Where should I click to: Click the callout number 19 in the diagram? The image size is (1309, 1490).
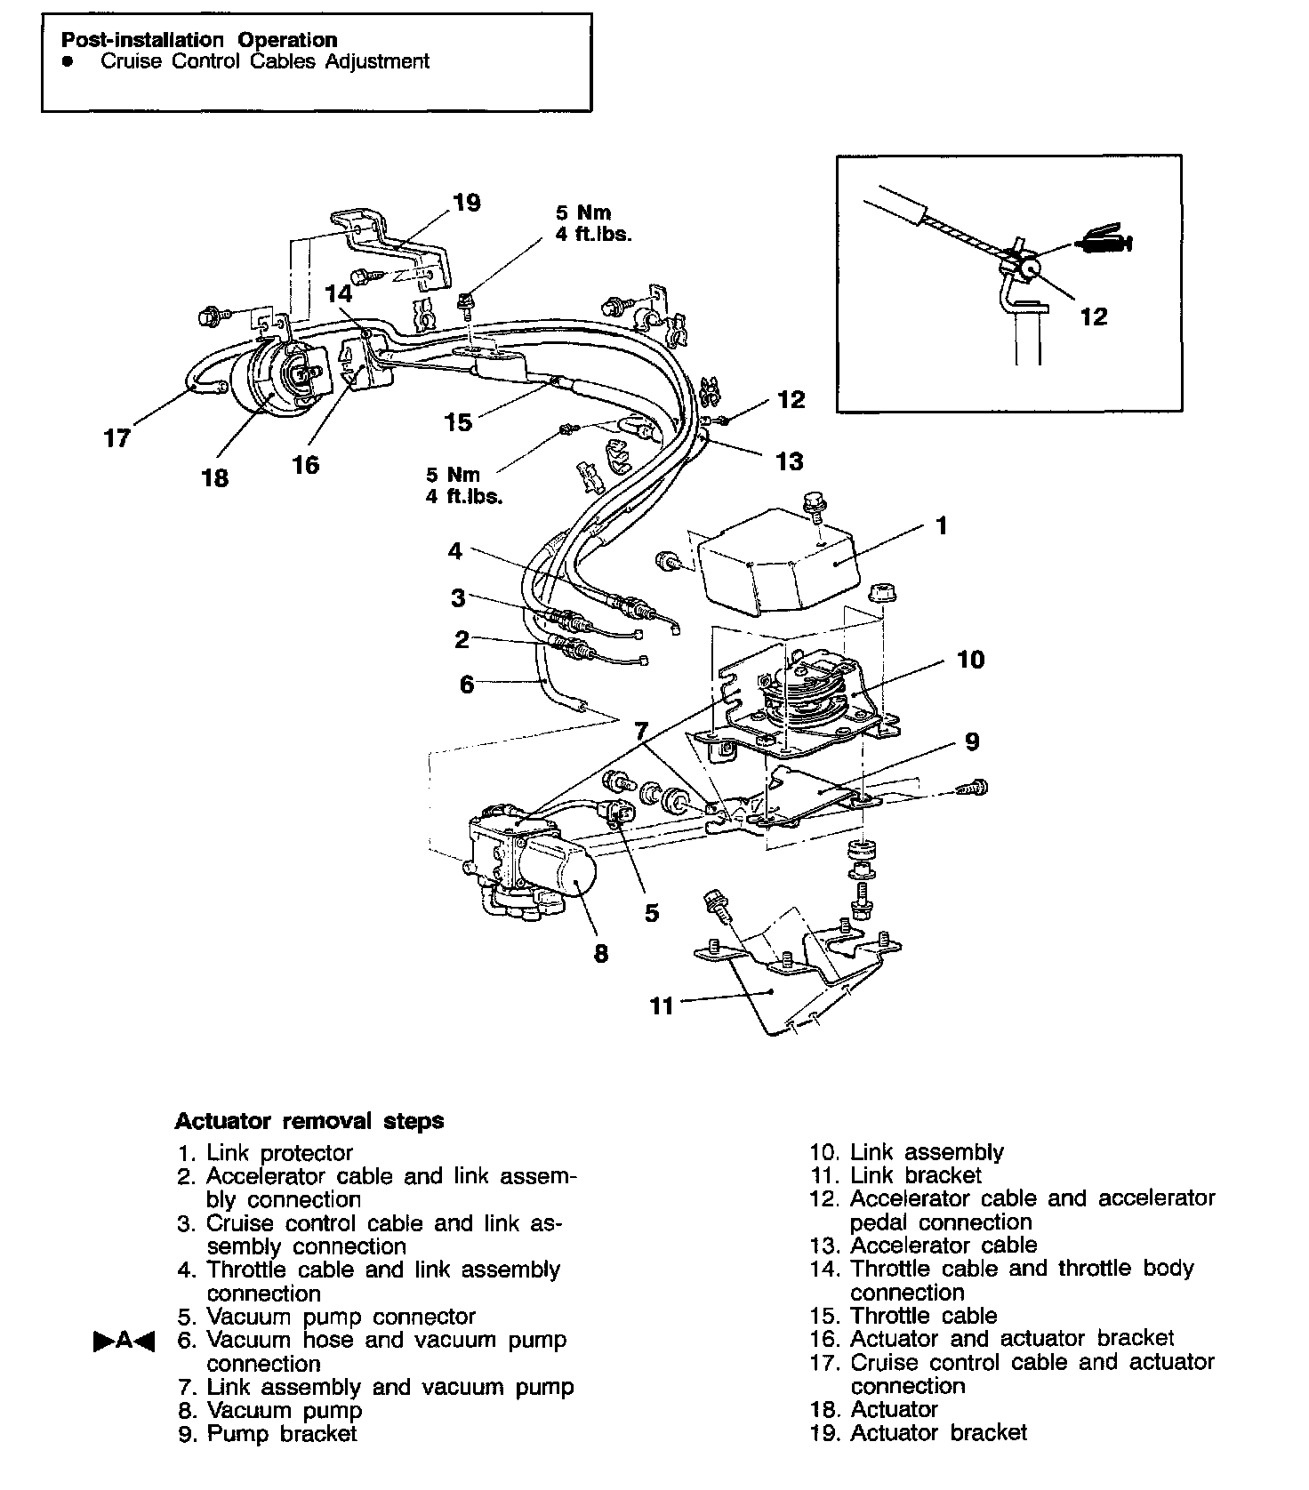click(466, 204)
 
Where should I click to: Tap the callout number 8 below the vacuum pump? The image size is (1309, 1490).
click(601, 954)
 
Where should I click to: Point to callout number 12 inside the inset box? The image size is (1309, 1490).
click(1094, 316)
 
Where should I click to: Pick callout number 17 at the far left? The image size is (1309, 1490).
click(117, 437)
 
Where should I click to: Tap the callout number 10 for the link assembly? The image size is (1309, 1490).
click(971, 659)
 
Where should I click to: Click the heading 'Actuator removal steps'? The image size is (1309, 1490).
click(309, 1120)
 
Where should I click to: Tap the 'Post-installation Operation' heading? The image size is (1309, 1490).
click(199, 40)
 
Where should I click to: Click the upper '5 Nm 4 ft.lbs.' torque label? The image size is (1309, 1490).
click(592, 224)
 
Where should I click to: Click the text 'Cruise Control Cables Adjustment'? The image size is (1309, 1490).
click(265, 61)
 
